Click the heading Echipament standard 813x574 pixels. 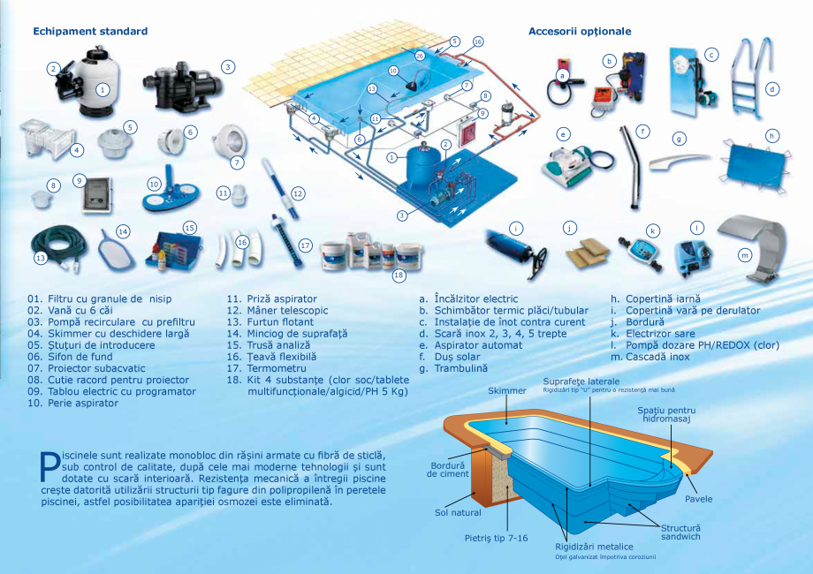90,31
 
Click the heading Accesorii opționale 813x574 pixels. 580,31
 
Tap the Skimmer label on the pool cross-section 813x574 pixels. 505,390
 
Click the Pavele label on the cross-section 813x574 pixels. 697,499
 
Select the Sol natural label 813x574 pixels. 458,512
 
